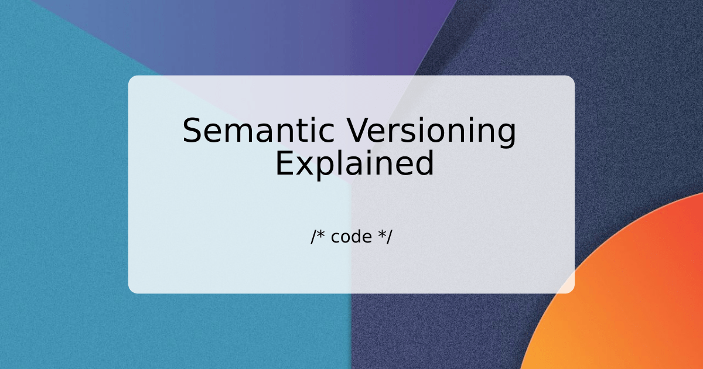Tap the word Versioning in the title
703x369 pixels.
point(432,131)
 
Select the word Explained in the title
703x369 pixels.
point(354,164)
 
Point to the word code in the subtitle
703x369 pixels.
point(351,237)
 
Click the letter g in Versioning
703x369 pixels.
point(506,135)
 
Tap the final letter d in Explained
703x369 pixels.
point(425,164)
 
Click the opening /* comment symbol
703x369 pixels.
point(318,237)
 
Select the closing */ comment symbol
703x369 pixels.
point(385,237)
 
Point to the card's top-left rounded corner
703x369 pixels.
point(131,78)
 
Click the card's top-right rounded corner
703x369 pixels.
point(572,78)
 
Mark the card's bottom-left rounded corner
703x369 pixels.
point(131,291)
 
